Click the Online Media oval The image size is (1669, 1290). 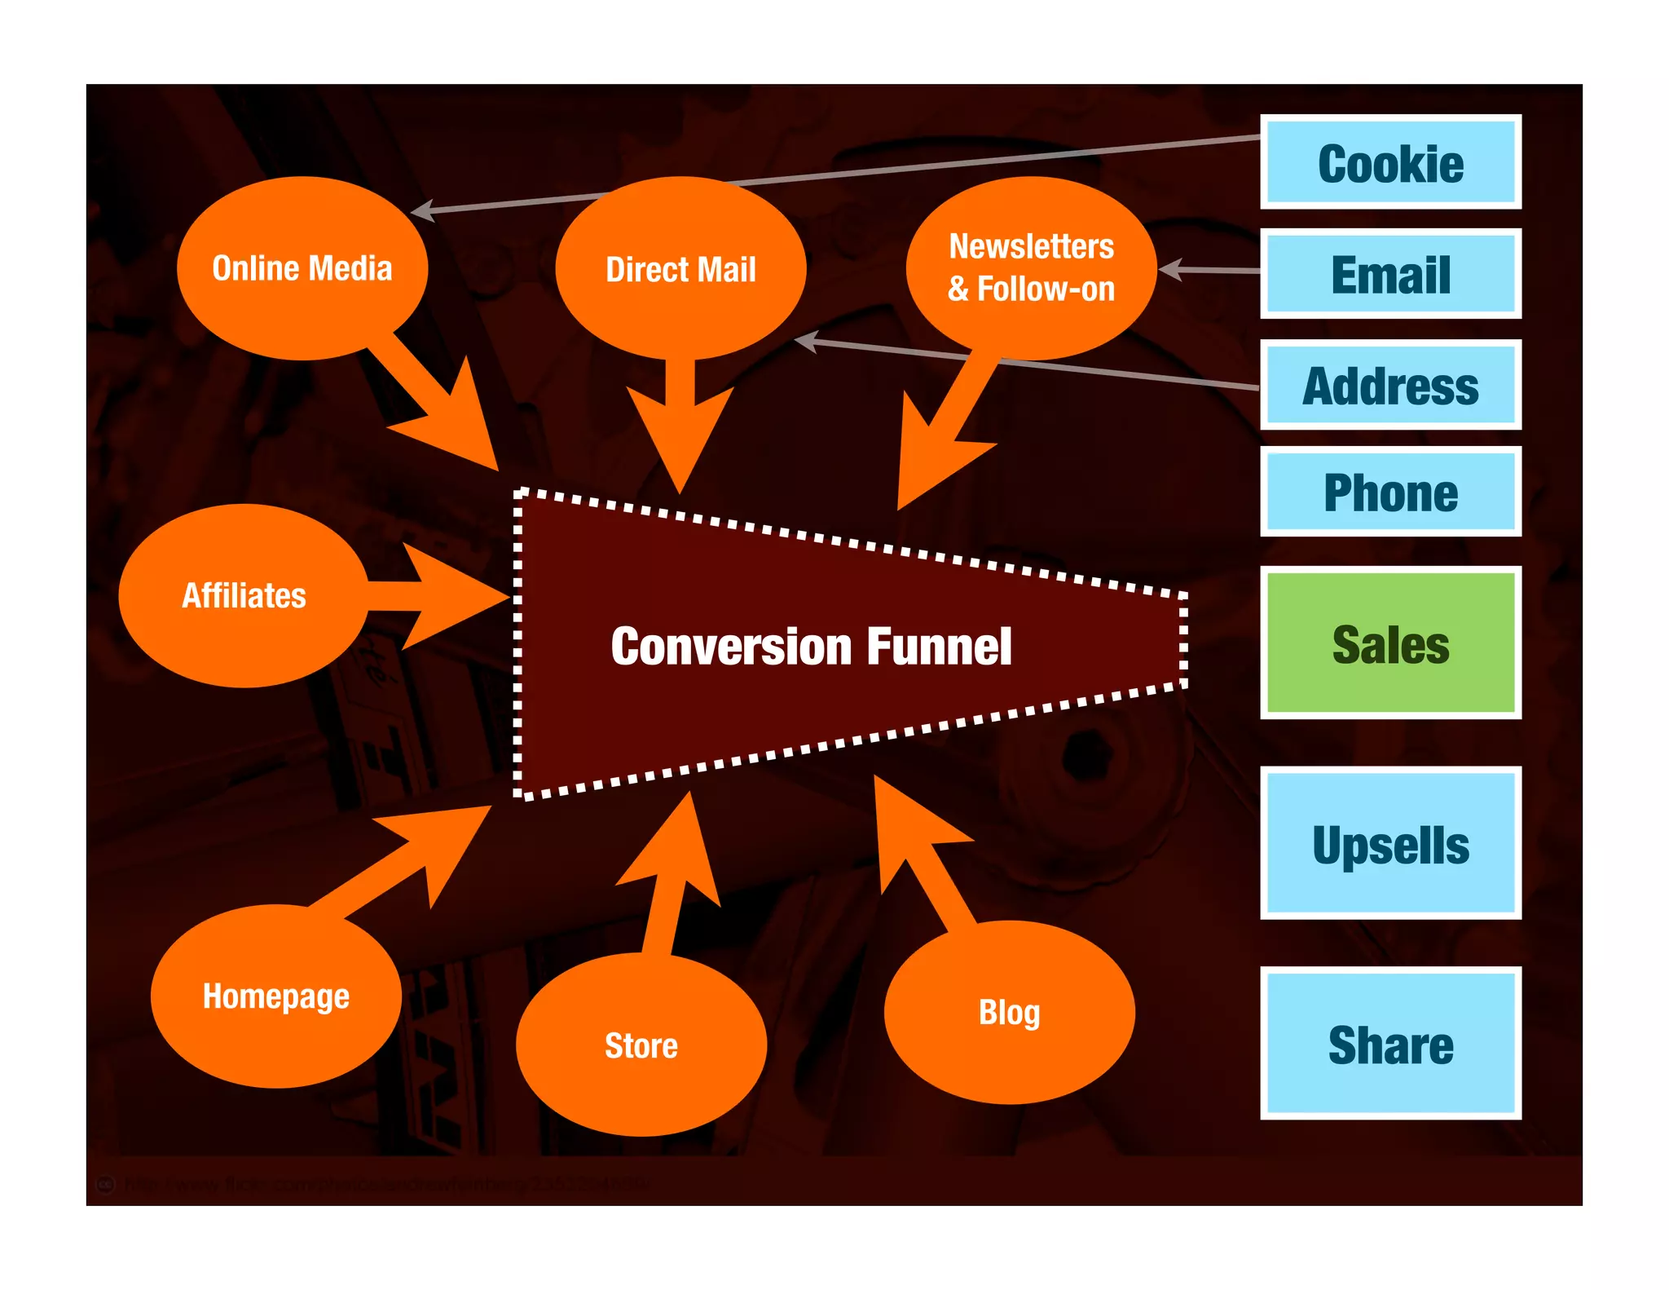pyautogui.click(x=302, y=268)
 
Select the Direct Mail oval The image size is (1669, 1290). pyautogui.click(x=680, y=268)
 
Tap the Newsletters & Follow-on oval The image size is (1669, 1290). pyautogui.click(x=1031, y=268)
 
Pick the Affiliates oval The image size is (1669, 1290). pyautogui.click(x=244, y=595)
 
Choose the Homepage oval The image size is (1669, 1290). pyautogui.click(x=276, y=996)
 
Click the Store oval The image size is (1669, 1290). pyautogui.click(x=641, y=1045)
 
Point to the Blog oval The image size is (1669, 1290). pyautogui.click(x=1009, y=1012)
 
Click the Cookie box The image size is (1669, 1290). pyautogui.click(x=1390, y=162)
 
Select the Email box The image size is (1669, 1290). pyautogui.click(x=1390, y=274)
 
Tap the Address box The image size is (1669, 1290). pyautogui.click(x=1390, y=385)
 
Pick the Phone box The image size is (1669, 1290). pyautogui.click(x=1390, y=492)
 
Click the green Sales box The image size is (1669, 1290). pyautogui.click(x=1390, y=643)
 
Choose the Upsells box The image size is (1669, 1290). pyautogui.click(x=1390, y=843)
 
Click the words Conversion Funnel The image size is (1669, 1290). pyautogui.click(x=811, y=646)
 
